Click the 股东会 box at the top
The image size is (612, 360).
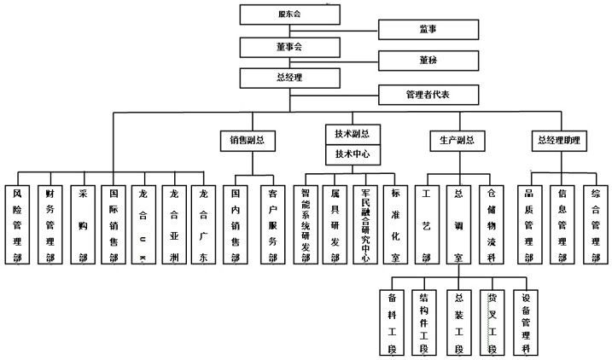290,15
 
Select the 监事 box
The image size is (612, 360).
428,31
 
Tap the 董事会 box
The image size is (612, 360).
290,46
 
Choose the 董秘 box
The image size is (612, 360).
428,61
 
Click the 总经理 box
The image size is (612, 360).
290,78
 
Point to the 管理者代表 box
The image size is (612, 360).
428,94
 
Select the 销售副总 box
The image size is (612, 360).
248,140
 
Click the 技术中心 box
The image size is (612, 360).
352,155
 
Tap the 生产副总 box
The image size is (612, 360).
456,140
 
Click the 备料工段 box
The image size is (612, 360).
392,322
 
